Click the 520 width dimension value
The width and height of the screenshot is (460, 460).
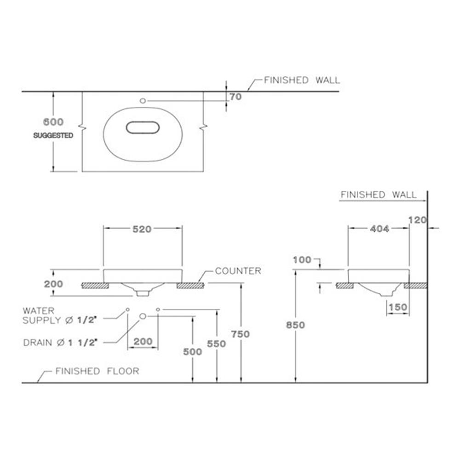pos(142,230)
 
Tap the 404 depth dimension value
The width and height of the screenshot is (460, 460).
pos(379,229)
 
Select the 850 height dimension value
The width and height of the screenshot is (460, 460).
pos(295,325)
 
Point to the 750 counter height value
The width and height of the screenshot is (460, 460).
pos(241,334)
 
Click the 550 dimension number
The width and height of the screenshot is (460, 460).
pos(216,344)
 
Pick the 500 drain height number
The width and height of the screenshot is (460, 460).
pos(192,352)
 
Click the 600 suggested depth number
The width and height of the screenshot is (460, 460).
pos(53,122)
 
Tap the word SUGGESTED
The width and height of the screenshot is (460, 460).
pos(53,136)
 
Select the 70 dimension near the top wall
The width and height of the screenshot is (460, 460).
pos(236,97)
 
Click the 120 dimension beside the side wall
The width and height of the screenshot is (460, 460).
pos(417,220)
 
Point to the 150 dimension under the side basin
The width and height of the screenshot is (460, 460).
pos(397,307)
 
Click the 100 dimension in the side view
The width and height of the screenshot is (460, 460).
pos(302,260)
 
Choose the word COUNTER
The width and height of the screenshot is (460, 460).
pos(238,271)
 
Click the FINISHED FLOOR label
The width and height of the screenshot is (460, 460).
pos(97,371)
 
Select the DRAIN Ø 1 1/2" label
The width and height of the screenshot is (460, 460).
pos(63,342)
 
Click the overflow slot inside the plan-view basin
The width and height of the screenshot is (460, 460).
pos(143,128)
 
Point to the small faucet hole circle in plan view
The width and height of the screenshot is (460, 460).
pos(142,100)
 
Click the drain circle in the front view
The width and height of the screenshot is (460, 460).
pos(143,316)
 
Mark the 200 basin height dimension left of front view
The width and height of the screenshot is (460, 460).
pos(53,284)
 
